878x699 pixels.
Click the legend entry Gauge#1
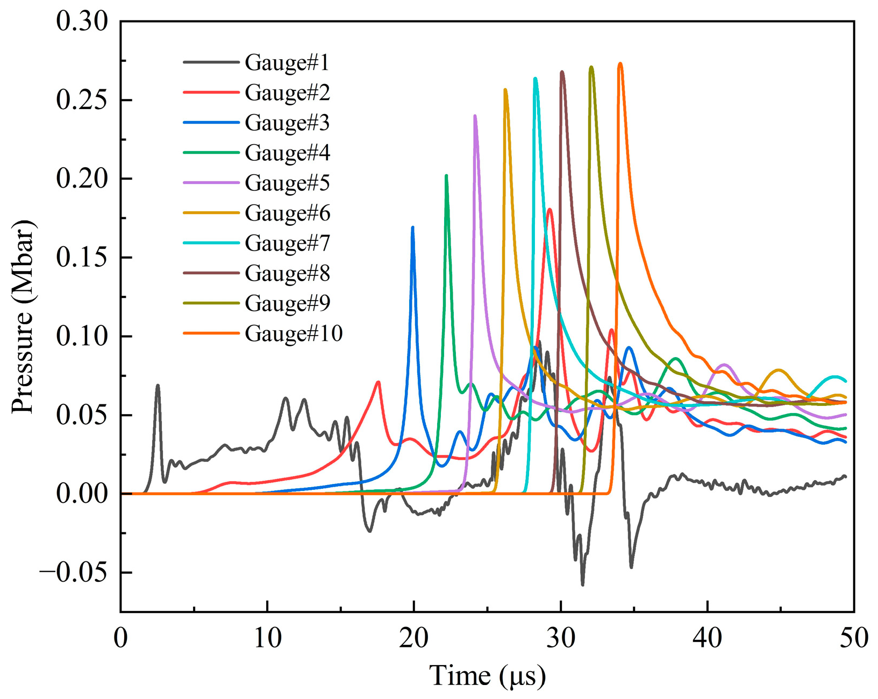pos(286,63)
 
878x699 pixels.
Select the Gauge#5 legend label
pos(286,183)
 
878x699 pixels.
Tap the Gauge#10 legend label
pos(293,334)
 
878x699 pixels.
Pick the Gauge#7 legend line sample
pos(211,243)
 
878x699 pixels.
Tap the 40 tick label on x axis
pos(708,639)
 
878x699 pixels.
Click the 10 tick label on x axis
pos(267,639)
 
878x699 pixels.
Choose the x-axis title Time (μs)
pos(487,676)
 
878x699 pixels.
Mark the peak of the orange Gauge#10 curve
pos(620,63)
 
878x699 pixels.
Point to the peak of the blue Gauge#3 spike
pos(412,227)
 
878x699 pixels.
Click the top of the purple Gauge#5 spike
pos(475,116)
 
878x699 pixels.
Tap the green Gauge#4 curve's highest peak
pos(446,176)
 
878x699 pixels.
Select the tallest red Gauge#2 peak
pos(549,209)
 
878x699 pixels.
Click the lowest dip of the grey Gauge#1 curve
pos(582,584)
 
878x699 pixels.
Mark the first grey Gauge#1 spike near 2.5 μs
pos(158,385)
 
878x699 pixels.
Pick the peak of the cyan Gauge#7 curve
pos(535,79)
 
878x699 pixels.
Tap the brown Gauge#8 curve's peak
pos(562,72)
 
